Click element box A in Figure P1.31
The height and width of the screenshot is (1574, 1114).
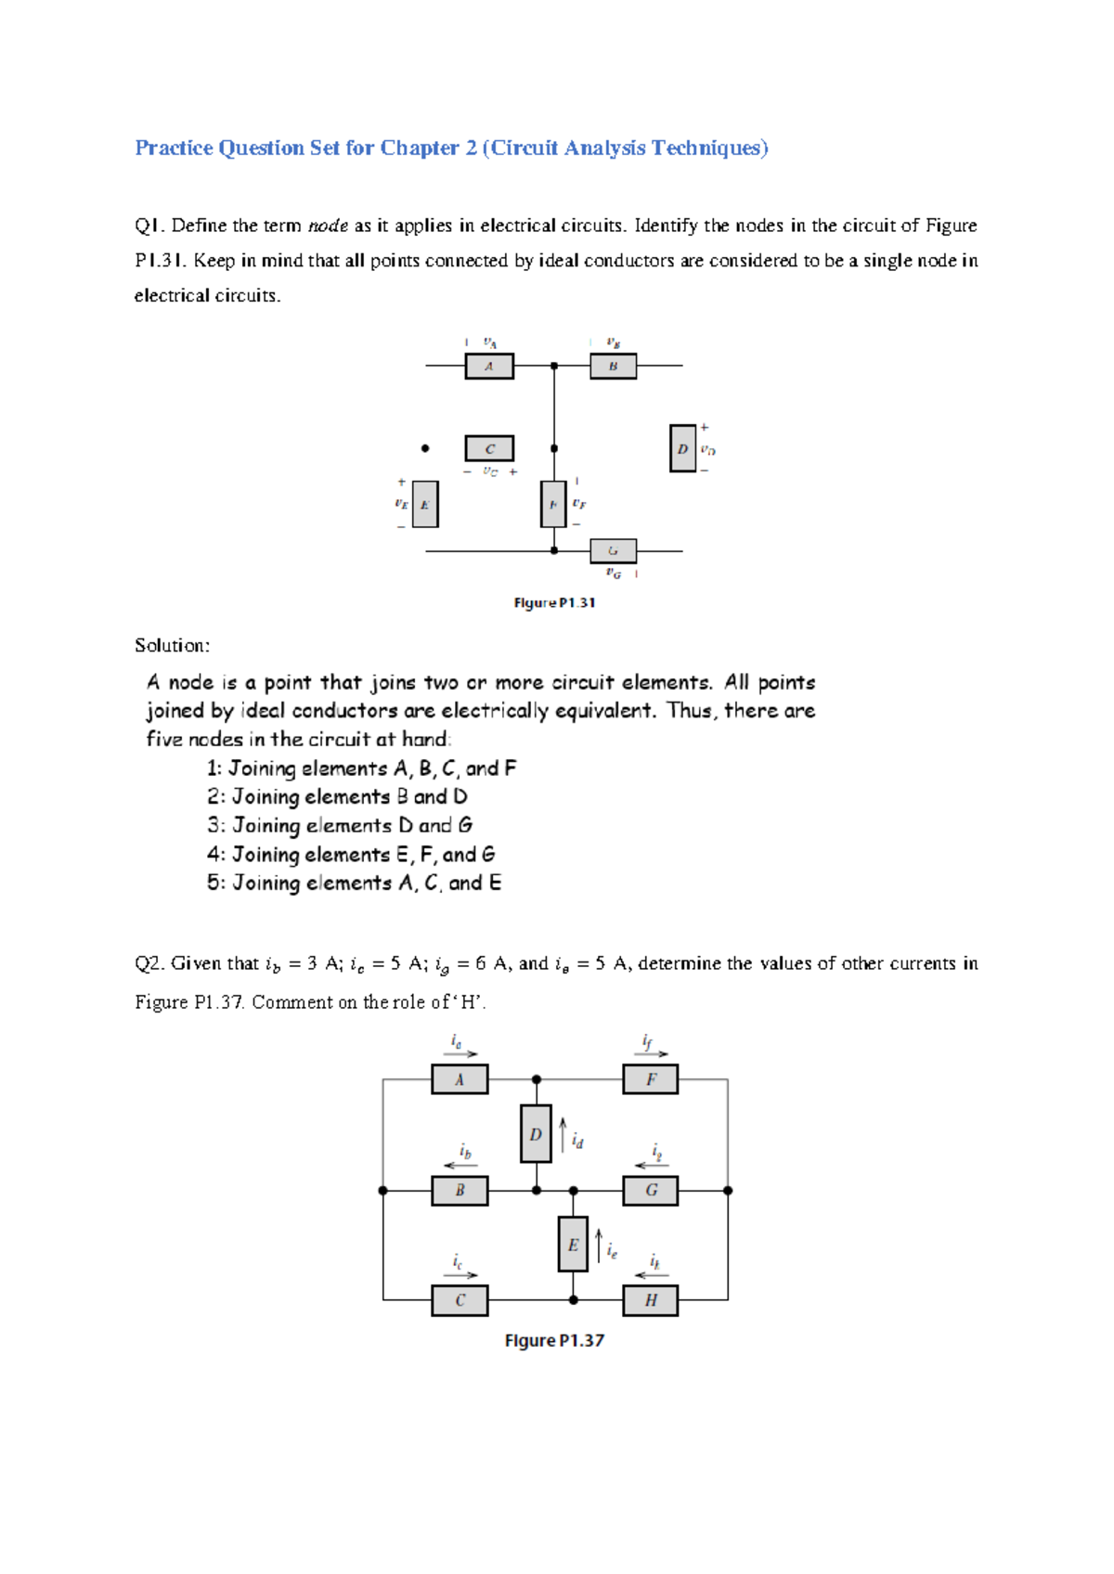click(488, 367)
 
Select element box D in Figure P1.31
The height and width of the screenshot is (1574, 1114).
click(682, 448)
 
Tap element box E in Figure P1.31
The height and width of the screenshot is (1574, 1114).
click(424, 505)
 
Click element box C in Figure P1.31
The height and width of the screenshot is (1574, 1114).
click(489, 449)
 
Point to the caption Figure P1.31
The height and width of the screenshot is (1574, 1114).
click(554, 603)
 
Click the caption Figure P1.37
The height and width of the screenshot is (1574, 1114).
click(554, 1341)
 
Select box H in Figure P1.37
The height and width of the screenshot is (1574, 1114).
click(650, 1300)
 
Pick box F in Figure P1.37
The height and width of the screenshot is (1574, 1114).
click(650, 1079)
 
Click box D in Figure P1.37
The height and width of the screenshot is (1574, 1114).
click(536, 1134)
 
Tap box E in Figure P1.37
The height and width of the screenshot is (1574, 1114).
click(573, 1245)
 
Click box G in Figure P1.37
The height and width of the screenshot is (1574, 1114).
click(650, 1190)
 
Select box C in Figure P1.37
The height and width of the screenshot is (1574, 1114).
click(460, 1300)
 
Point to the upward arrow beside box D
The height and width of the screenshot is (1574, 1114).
click(563, 1135)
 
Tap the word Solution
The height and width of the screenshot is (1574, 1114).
click(172, 646)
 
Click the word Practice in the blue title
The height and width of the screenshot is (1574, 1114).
click(174, 148)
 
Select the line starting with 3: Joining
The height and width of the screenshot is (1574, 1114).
click(340, 825)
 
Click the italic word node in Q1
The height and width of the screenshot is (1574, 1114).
click(328, 226)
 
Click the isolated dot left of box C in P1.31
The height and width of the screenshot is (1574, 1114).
click(425, 448)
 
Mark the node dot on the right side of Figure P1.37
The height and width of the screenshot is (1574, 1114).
click(728, 1190)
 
